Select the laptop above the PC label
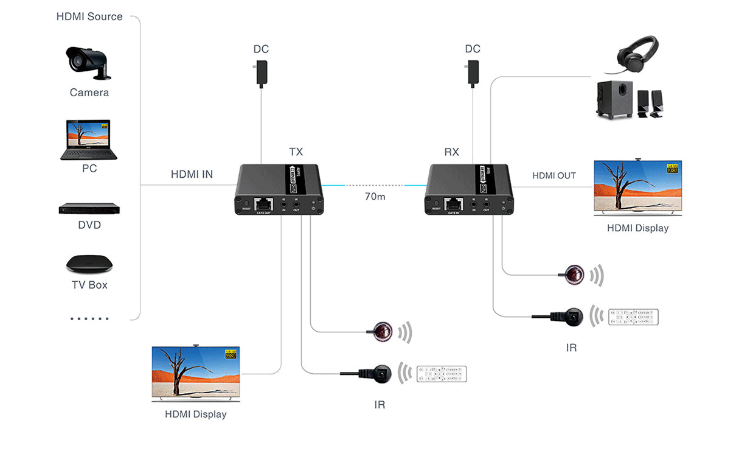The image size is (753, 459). [89, 140]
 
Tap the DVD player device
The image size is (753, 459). [89, 208]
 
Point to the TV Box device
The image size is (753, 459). [89, 263]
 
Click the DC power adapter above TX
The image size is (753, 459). [262, 72]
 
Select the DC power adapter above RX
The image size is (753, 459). [473, 72]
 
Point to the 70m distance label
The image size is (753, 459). [375, 197]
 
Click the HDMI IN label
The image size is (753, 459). [192, 175]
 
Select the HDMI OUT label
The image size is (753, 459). [553, 175]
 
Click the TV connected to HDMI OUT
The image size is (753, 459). [637, 187]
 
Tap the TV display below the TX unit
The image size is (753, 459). [195, 373]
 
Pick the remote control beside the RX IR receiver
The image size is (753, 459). [634, 317]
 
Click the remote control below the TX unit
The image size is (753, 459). [442, 374]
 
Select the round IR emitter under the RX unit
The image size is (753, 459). [574, 275]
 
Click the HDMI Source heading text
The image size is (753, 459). [89, 17]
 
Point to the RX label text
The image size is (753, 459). [451, 152]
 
